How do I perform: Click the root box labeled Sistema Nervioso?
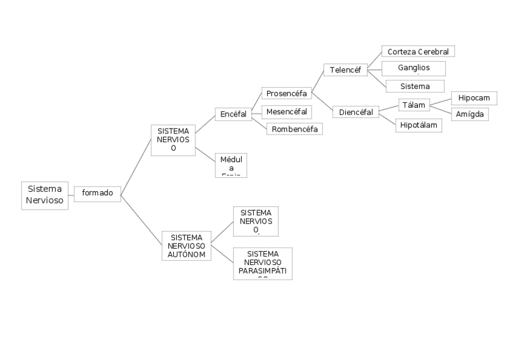45,195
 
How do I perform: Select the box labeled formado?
97,193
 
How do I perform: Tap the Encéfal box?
233,114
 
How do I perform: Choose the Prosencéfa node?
286,93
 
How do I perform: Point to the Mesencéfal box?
286,111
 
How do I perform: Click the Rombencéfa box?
294,129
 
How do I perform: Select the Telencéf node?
345,70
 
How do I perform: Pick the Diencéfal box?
355,112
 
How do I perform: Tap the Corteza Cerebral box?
418,52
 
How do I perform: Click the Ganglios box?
413,68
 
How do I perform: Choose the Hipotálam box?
419,125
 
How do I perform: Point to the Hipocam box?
474,97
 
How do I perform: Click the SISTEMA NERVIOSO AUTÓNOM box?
187,246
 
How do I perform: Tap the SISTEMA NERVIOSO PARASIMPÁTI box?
262,263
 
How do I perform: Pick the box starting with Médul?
231,165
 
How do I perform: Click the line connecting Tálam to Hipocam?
439,102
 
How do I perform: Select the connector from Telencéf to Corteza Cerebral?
374,61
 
